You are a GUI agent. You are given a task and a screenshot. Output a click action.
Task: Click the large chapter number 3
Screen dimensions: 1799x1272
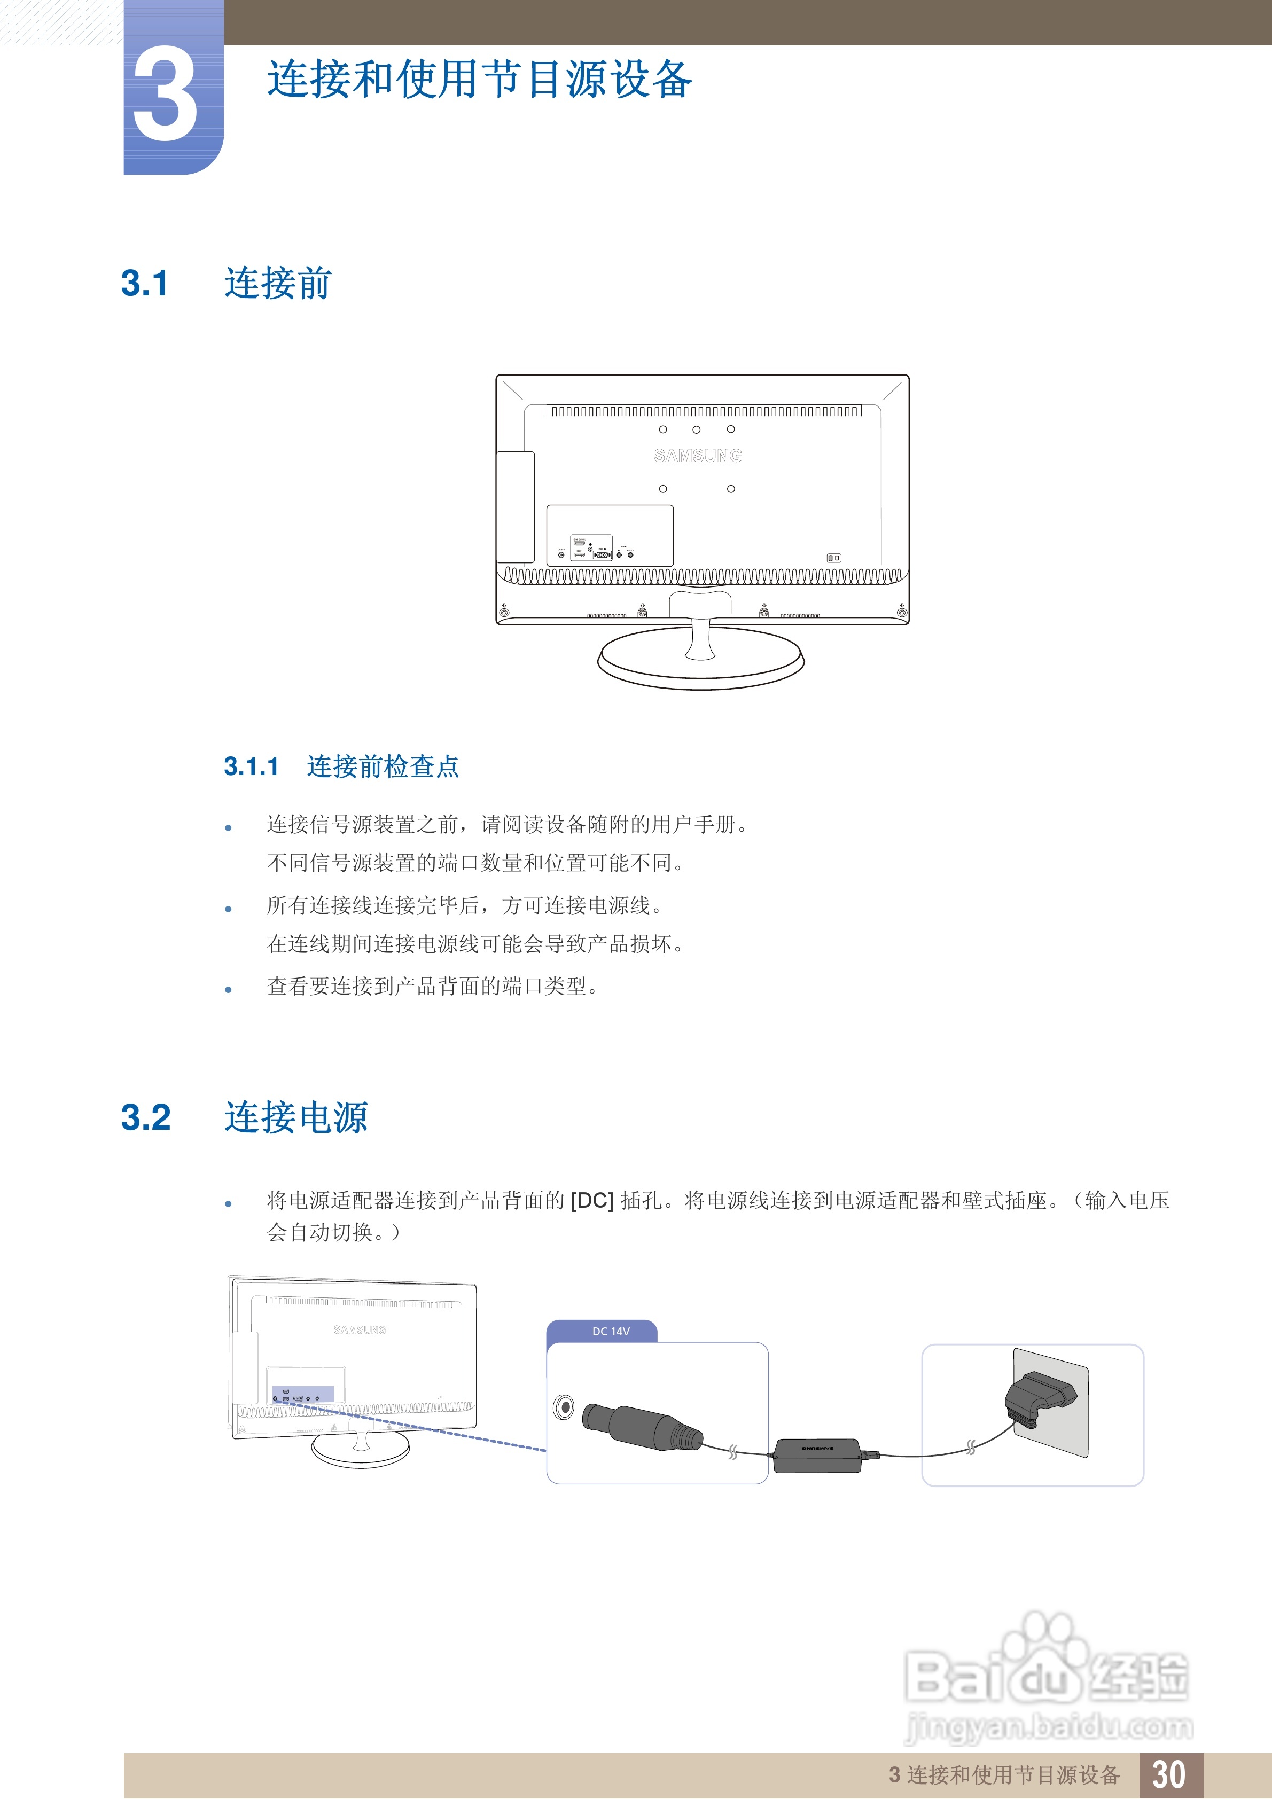pos(166,96)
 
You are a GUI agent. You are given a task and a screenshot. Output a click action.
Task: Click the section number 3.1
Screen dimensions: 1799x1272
pos(145,284)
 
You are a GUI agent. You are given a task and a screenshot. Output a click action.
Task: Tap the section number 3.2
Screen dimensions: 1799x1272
pos(146,1117)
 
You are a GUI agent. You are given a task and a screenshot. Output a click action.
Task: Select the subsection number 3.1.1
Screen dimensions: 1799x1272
pos(251,766)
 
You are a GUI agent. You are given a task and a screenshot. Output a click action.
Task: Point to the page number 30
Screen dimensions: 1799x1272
pos(1168,1775)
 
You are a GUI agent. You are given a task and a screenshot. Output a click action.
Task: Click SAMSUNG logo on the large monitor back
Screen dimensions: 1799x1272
pos(698,455)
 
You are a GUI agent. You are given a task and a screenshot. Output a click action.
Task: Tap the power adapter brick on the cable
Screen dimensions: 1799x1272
pos(817,1455)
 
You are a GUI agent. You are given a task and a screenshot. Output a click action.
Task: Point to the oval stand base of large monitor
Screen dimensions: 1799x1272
pos(701,662)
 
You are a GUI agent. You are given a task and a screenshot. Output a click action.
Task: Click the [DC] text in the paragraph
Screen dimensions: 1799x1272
pos(592,1200)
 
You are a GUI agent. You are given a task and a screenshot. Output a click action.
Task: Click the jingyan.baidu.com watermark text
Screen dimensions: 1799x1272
pos(1049,1726)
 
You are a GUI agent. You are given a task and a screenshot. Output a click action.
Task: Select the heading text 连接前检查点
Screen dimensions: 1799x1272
pos(383,766)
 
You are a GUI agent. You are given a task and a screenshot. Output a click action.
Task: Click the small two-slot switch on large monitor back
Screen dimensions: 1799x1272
pos(834,558)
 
